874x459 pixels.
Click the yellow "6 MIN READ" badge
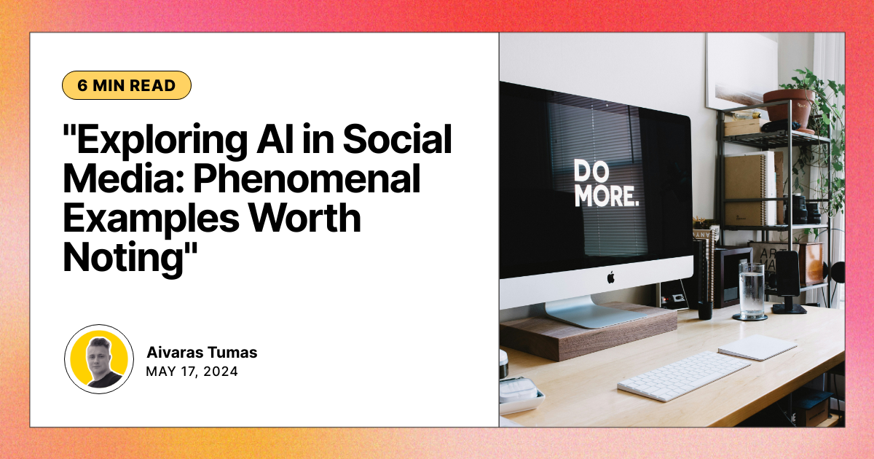pyautogui.click(x=127, y=85)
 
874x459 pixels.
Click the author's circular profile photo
pyautogui.click(x=98, y=359)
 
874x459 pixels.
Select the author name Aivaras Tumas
pyautogui.click(x=202, y=353)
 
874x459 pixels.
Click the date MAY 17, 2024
pyautogui.click(x=192, y=371)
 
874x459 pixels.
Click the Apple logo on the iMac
pyautogui.click(x=610, y=277)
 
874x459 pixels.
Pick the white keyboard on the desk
pyautogui.click(x=683, y=374)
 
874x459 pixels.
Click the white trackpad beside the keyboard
pyautogui.click(x=757, y=347)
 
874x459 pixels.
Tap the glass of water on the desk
pyautogui.click(x=751, y=290)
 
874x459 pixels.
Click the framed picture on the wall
pyautogui.click(x=741, y=69)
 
